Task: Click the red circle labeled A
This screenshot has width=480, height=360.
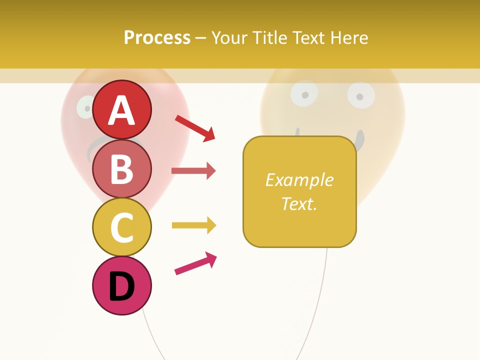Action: pos(121,109)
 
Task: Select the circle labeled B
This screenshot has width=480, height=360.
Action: pos(121,168)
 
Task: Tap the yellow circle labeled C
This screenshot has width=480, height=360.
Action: pos(121,227)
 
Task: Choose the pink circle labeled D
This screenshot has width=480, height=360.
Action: pos(121,285)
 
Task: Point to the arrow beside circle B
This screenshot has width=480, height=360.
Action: pos(193,171)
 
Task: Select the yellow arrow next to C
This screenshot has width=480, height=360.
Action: pos(193,225)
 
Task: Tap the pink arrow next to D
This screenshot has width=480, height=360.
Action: pos(195,263)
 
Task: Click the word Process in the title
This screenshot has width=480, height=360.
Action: pos(157,37)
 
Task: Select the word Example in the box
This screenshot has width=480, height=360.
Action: pos(299,180)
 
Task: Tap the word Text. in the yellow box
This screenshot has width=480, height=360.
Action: pos(299,203)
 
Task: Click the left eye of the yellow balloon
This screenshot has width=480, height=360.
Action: pos(303,93)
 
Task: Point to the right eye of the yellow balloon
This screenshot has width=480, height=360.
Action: pos(361,96)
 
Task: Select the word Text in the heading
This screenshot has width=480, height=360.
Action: pos(308,37)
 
